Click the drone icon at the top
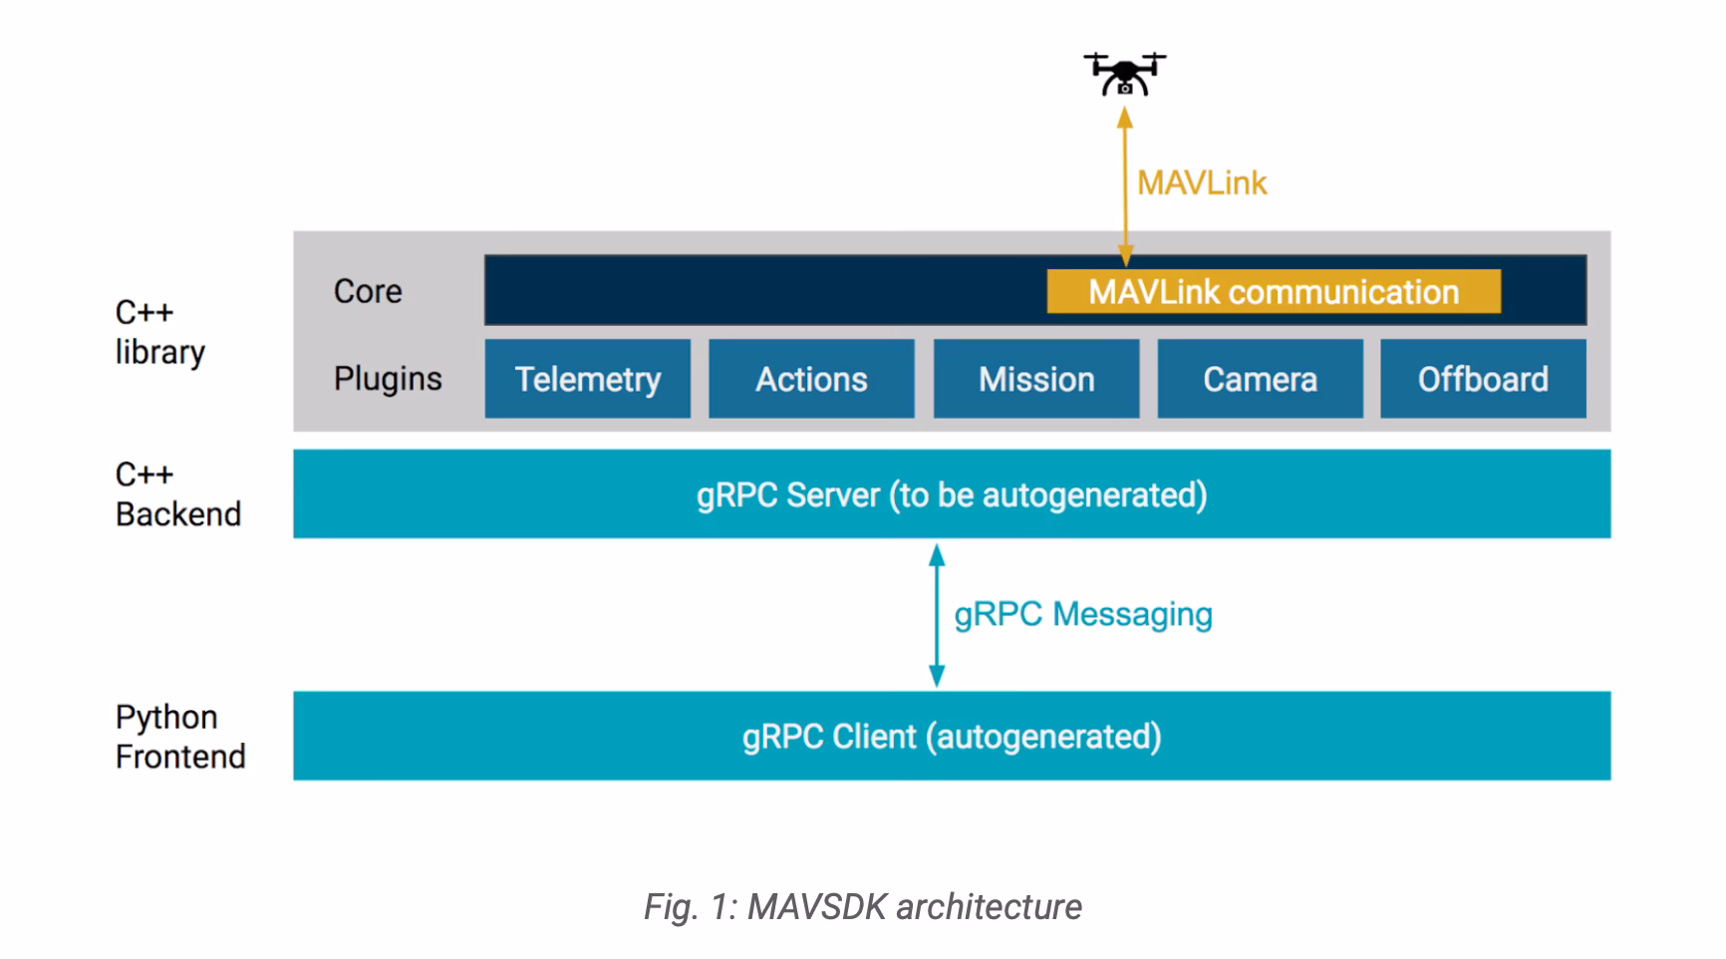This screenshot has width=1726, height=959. [1124, 74]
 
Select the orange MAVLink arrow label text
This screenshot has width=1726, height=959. [1202, 183]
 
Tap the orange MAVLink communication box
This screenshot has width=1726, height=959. [1273, 292]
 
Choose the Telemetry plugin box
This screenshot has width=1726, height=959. [587, 379]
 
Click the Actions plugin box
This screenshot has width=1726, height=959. [811, 379]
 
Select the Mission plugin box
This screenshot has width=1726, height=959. [1035, 379]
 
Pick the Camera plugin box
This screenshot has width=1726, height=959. [1260, 379]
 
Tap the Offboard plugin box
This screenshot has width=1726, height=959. [1483, 379]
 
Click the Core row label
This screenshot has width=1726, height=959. [368, 291]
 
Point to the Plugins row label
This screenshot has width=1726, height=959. [388, 379]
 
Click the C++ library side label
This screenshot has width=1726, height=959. [159, 332]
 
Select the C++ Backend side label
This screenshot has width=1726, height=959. [177, 494]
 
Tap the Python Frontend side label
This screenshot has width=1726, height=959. [179, 737]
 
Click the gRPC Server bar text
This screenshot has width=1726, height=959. [952, 494]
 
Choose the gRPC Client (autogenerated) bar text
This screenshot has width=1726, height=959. [952, 737]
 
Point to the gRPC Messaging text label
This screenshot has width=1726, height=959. [1083, 614]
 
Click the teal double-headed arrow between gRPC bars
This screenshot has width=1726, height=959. [936, 615]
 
